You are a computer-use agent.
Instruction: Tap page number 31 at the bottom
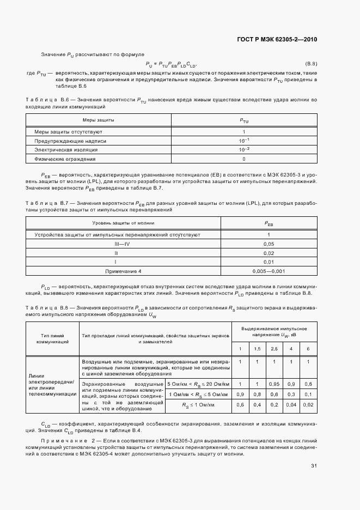[x=314, y=465]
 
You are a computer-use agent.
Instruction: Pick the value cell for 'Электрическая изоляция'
[x=243, y=150]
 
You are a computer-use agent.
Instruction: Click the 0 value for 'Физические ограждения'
[x=243, y=159]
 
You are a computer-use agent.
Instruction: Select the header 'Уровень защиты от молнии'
[x=123, y=223]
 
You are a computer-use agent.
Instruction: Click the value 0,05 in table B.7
[x=268, y=244]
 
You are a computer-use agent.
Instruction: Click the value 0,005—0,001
[x=268, y=271]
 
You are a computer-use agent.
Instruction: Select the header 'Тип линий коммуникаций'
[x=52, y=339]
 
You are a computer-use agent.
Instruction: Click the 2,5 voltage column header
[x=274, y=348]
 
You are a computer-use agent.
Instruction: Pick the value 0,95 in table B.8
[x=274, y=384]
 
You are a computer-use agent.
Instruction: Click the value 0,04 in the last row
[x=291, y=404]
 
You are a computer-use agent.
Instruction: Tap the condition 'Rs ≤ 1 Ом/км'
[x=198, y=404]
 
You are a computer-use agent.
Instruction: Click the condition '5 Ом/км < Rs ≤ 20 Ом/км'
[x=198, y=384]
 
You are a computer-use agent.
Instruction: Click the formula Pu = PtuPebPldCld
[x=171, y=64]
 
